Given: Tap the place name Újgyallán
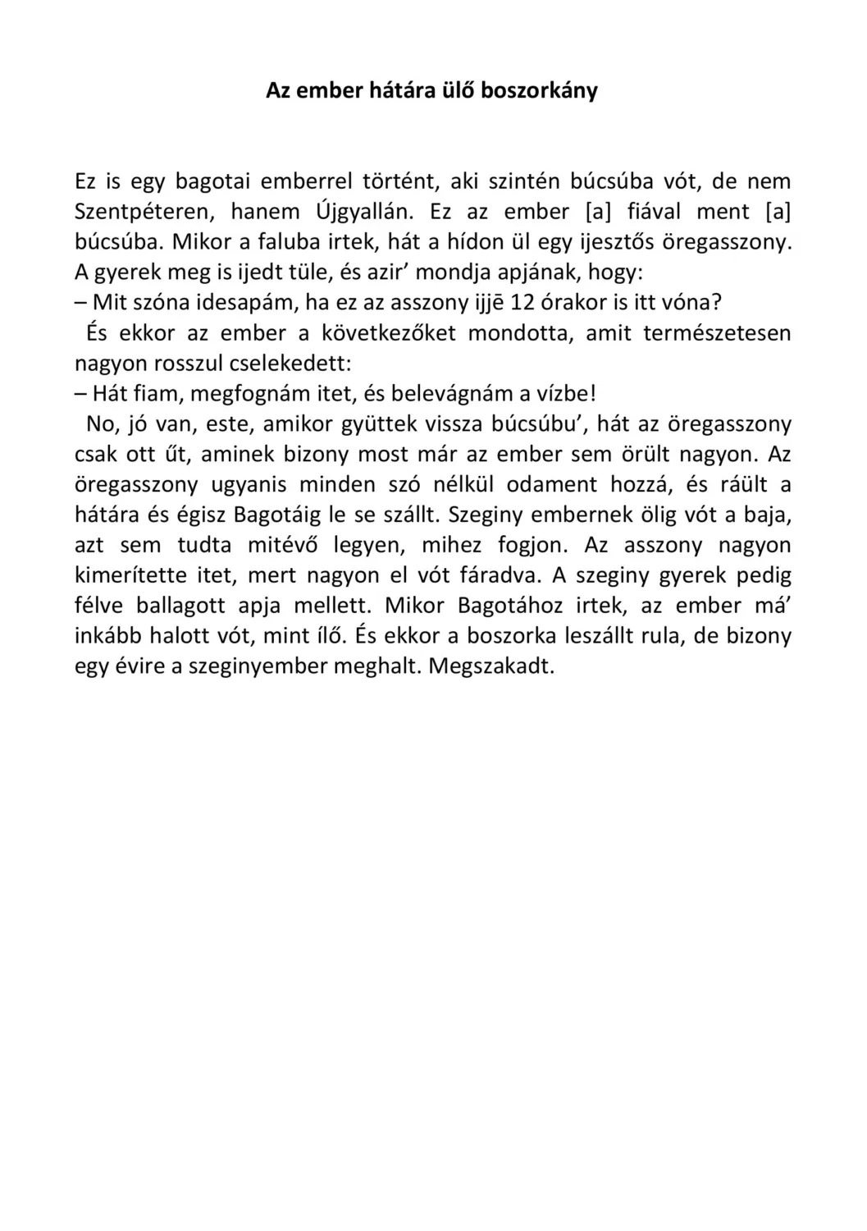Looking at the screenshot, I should (363, 212).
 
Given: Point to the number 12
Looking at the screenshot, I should (522, 302).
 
